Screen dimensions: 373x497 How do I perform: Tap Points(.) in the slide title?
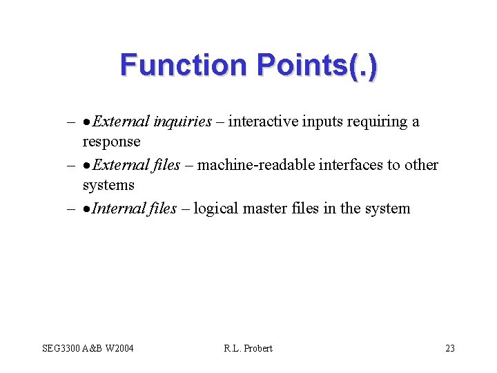pos(317,66)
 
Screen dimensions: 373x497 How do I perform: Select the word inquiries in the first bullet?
pos(182,122)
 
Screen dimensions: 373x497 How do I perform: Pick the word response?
pos(111,142)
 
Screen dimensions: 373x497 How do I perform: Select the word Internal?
pos(115,209)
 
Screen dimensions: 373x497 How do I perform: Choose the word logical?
pos(217,209)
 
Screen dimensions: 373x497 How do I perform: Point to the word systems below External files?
pos(108,186)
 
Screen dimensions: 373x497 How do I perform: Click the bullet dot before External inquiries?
pos(87,123)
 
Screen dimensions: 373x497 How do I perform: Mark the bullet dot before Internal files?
pos(87,209)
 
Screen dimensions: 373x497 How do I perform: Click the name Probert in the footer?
pos(257,348)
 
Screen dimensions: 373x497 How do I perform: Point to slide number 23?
pos(449,348)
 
